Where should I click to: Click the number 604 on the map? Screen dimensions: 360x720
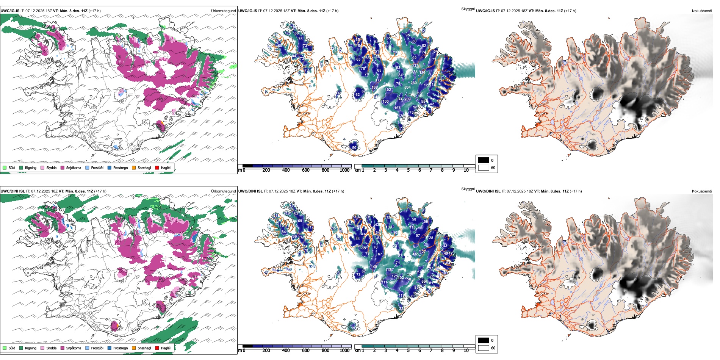[407, 88]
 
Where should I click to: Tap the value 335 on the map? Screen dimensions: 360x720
[415, 72]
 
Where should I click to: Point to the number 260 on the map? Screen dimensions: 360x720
[413, 83]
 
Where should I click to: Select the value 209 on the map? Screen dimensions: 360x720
[407, 99]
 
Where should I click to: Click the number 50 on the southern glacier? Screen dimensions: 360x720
[354, 148]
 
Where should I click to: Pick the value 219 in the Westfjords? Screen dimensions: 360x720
[287, 213]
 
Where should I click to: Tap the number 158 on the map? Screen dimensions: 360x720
[408, 279]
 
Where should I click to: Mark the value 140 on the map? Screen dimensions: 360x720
[374, 267]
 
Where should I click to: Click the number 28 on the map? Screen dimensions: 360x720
[431, 238]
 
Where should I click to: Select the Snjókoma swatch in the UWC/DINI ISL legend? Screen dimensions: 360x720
[63, 348]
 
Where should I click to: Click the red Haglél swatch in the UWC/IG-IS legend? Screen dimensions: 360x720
[157, 167]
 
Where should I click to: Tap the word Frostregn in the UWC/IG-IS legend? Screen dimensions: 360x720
[121, 167]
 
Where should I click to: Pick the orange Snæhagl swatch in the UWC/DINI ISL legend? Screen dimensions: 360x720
[134, 348]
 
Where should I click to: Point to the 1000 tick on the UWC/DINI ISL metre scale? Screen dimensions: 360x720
[344, 351]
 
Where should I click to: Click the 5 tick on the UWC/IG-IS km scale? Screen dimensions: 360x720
[408, 170]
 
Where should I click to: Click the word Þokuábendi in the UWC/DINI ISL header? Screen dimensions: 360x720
[702, 191]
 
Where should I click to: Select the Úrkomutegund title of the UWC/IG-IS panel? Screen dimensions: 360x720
[223, 11]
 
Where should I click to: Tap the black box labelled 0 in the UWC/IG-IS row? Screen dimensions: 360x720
[484, 160]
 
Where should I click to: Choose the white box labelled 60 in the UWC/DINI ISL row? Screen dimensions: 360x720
[484, 348]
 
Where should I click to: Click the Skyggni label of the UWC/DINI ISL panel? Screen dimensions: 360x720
[468, 189]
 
